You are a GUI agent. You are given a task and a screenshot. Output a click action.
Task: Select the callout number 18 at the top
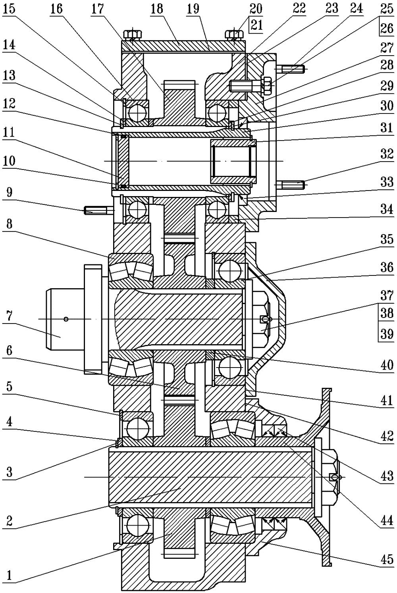click(x=157, y=9)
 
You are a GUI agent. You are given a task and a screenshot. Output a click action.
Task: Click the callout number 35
click(x=387, y=239)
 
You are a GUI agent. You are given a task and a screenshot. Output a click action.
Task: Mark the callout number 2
click(x=9, y=520)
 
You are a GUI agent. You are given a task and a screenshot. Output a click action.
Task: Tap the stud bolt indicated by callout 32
click(x=293, y=185)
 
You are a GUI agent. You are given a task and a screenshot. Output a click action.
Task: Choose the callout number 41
click(x=387, y=402)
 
